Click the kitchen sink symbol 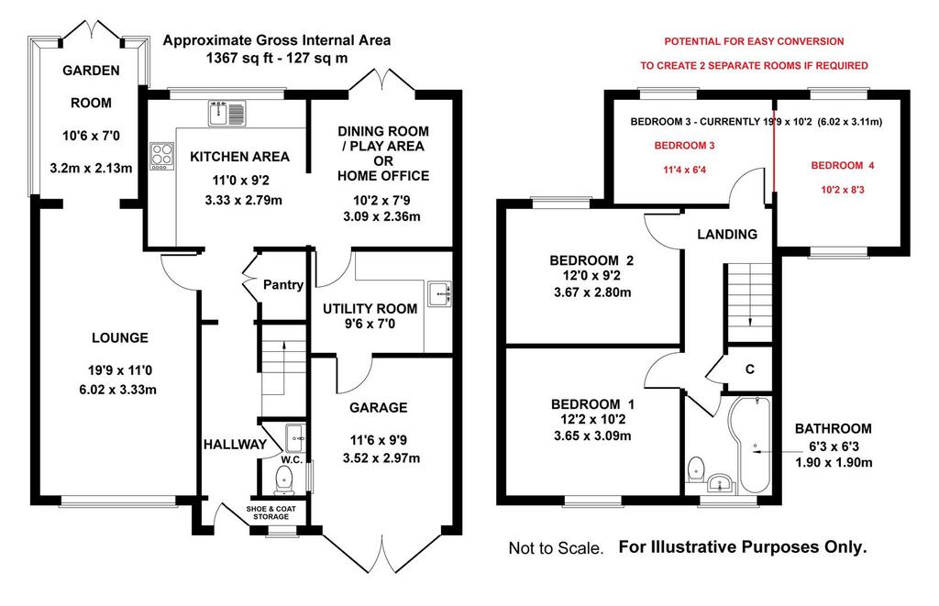pos(227,113)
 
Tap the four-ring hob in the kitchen pos(161,156)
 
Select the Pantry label pos(283,285)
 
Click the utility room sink pos(440,294)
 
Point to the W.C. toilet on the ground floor pos(284,480)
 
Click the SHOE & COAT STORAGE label pos(271,513)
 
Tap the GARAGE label pos(379,408)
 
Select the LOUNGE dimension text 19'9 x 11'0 pos(118,370)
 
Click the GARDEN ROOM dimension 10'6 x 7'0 pos(91,136)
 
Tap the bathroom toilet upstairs pos(696,468)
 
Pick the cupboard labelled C pos(749,369)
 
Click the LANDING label pos(727,234)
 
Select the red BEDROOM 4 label pos(843,165)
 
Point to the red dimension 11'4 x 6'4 pos(684,170)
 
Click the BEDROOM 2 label pos(591,260)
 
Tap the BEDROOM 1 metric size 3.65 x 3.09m pos(592,436)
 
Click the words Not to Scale pos(557,548)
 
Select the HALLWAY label pos(235,445)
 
